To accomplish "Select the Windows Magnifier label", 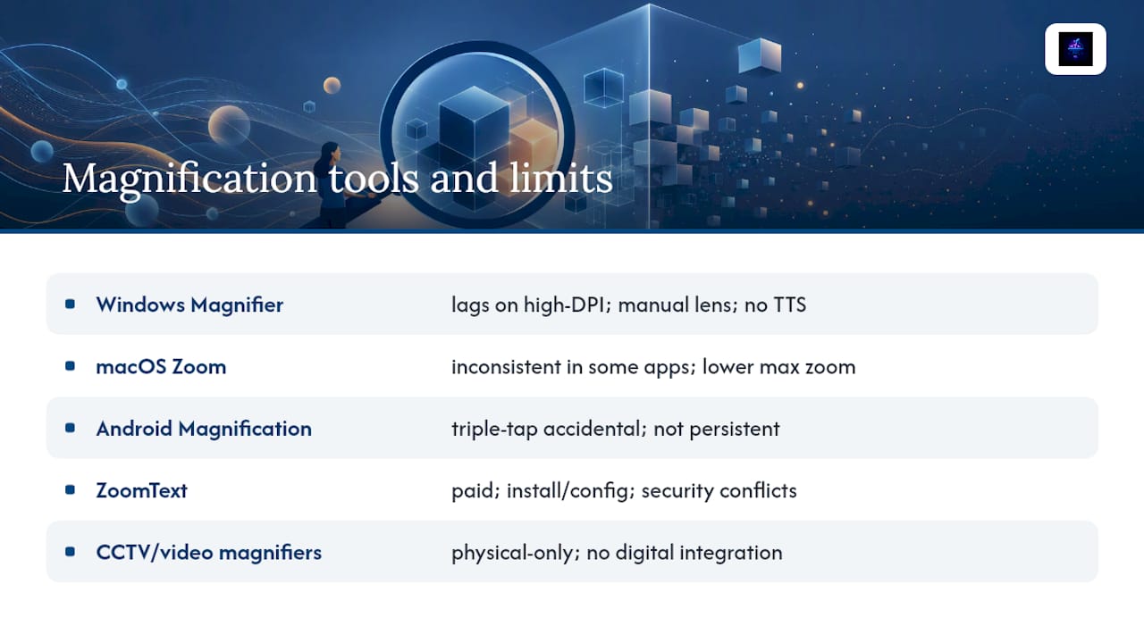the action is pos(189,305).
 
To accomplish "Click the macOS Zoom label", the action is pos(161,366).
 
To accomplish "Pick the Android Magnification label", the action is pos(204,429).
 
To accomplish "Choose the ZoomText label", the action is pos(141,490).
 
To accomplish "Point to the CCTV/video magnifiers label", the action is pos(209,552).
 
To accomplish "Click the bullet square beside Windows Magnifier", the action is pos(71,305).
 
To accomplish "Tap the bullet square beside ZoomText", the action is pos(71,490).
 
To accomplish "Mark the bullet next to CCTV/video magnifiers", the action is pos(71,552).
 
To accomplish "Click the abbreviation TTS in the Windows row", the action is pos(790,305).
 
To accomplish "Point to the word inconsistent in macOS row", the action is pos(506,367).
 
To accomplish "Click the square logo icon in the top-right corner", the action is pos(1075,49).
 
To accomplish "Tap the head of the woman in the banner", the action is pos(330,152).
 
